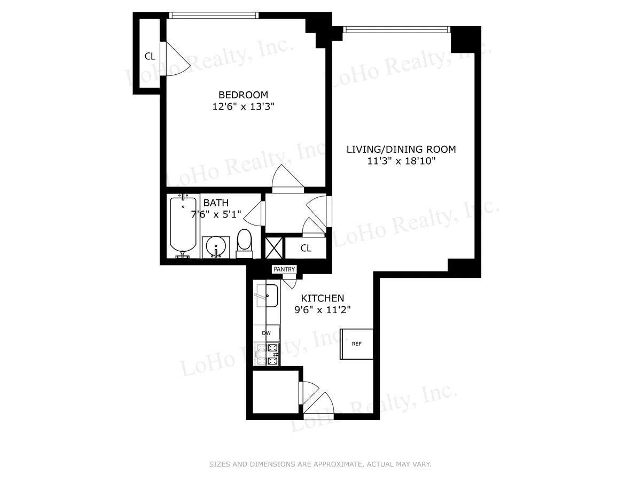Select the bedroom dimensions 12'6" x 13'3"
tap(243, 106)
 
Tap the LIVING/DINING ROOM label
tap(401, 150)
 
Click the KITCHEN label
tap(323, 298)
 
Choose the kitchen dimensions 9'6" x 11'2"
tap(323, 309)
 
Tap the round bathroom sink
tap(217, 246)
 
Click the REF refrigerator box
tap(357, 344)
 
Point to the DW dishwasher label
tap(266, 333)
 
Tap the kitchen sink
tap(267, 296)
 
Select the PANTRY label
tap(284, 269)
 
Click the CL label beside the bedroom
tap(150, 56)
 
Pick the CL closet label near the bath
tap(306, 248)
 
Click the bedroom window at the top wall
tap(214, 15)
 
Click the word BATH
tap(216, 203)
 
